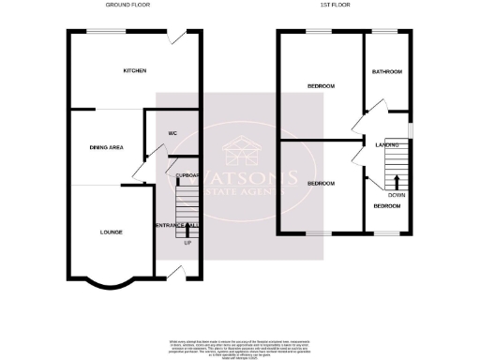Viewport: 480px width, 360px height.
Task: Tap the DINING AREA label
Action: tap(106, 147)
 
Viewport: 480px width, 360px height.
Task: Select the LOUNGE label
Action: tap(112, 231)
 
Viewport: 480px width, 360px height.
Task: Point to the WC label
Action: tap(172, 133)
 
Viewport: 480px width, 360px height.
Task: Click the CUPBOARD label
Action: tap(188, 174)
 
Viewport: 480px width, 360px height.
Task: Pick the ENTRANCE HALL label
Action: tap(175, 225)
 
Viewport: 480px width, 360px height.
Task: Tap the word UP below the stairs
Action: tap(187, 244)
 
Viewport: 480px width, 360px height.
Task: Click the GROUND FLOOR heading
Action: tap(127, 6)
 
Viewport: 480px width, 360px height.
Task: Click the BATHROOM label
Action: tap(386, 72)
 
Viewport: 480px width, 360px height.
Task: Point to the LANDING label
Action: tap(387, 145)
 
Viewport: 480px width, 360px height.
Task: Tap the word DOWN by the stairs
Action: tap(397, 195)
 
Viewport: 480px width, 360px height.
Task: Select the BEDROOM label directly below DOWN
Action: tap(387, 205)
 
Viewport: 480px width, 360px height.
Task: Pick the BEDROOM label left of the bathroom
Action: tap(322, 86)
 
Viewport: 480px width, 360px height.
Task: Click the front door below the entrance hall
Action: tap(174, 272)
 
